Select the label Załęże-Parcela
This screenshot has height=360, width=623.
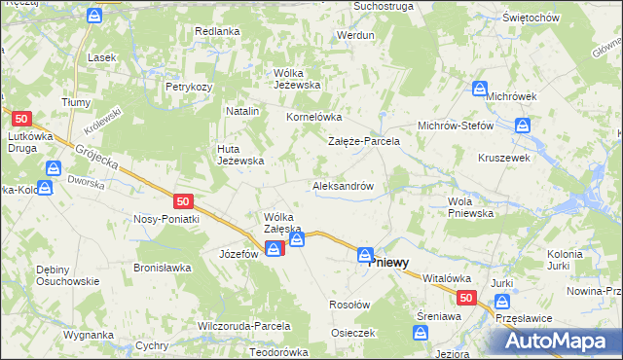363,141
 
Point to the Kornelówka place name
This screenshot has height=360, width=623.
311,117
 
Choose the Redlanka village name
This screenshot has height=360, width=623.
217,31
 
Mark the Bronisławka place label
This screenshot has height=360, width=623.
166,266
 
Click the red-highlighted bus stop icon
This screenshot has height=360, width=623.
274,248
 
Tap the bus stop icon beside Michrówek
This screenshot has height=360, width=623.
480,89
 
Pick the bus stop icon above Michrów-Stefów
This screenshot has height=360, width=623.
523,125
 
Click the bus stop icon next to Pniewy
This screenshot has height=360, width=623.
364,255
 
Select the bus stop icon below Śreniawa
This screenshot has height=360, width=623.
421,333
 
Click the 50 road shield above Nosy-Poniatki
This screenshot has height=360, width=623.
183,200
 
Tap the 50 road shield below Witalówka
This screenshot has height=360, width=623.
466,298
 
